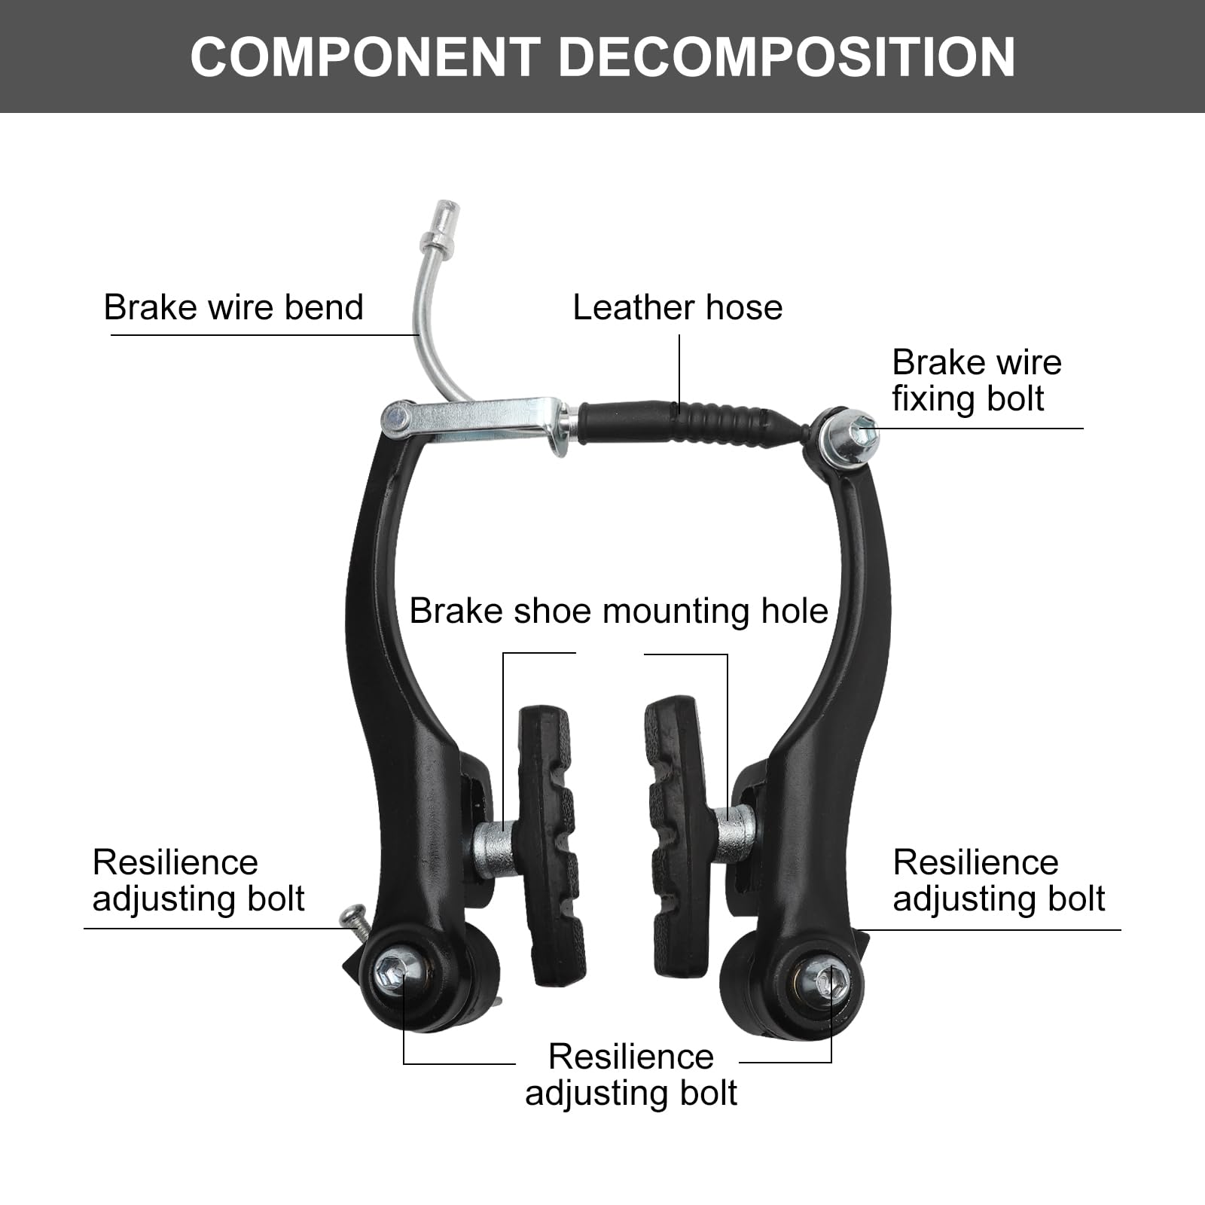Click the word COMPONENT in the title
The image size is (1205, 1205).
point(365,57)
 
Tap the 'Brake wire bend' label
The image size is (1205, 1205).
point(233,307)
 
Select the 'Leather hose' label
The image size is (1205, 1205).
point(677,307)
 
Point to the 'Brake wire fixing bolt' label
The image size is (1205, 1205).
point(976,380)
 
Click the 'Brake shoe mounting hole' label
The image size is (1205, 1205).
point(618,611)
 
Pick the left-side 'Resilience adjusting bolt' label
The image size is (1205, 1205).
point(198,880)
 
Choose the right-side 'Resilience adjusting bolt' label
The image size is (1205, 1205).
point(998,880)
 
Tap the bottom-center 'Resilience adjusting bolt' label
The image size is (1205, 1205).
point(631,1075)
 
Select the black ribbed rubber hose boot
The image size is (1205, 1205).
point(678,426)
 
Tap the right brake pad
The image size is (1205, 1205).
point(678,836)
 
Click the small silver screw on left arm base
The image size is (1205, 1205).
point(352,917)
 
